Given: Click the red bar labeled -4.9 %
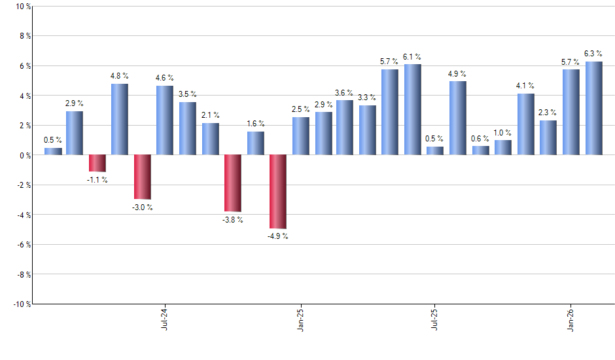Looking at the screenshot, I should click(x=278, y=191).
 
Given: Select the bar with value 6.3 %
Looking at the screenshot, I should click(x=593, y=108).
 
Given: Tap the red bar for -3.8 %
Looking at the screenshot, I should click(x=233, y=183).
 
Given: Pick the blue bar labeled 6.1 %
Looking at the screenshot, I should click(x=413, y=109).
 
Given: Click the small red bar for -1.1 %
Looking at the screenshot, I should click(x=97, y=163).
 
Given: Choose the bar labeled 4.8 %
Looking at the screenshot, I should click(x=120, y=119).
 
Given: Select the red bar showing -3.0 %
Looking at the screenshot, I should click(x=143, y=177).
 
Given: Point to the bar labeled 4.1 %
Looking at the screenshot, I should click(x=526, y=124).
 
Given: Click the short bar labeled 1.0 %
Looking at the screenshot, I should click(x=503, y=147).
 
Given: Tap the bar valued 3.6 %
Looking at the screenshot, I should click(x=345, y=128).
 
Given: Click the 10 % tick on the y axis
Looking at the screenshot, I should click(x=22, y=7).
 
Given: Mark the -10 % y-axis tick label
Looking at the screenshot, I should click(x=20, y=304).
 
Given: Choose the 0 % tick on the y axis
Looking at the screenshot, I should click(x=24, y=155).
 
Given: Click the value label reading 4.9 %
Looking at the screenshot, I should click(x=458, y=73).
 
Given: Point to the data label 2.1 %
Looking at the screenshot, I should click(x=211, y=115).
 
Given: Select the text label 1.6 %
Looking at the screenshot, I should click(x=256, y=124).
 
